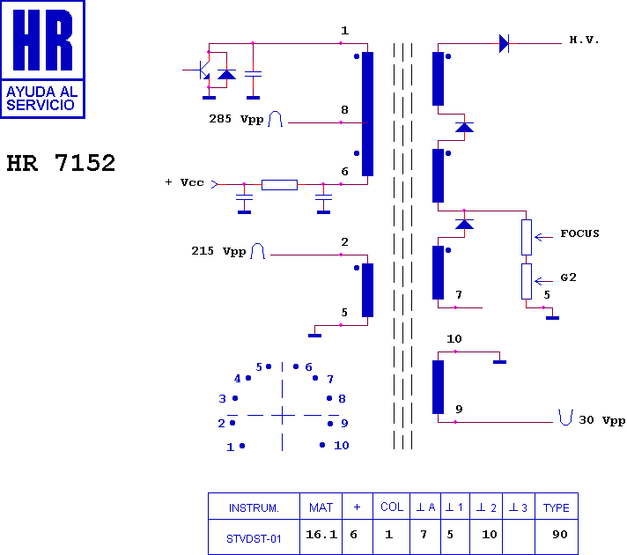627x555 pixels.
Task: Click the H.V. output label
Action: (x=584, y=41)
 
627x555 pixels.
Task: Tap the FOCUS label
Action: (x=579, y=233)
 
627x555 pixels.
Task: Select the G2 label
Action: (x=569, y=277)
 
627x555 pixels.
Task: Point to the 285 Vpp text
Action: (x=236, y=117)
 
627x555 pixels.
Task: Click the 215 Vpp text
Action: (x=218, y=251)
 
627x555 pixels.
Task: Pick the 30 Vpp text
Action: (x=601, y=420)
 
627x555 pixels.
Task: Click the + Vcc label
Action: (x=184, y=182)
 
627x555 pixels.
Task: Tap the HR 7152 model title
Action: (x=61, y=163)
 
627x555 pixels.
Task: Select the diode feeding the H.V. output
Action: (x=505, y=42)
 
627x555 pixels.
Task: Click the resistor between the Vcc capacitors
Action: (x=279, y=184)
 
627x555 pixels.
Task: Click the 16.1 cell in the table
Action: (x=321, y=535)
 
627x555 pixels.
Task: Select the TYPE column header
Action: (x=556, y=507)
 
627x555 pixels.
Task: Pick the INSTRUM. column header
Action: (x=254, y=507)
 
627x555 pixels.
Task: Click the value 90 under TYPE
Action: (x=560, y=535)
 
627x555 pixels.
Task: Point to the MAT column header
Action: (x=321, y=507)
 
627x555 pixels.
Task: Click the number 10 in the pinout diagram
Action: (x=341, y=446)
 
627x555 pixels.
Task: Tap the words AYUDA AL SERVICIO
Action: (x=42, y=98)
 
